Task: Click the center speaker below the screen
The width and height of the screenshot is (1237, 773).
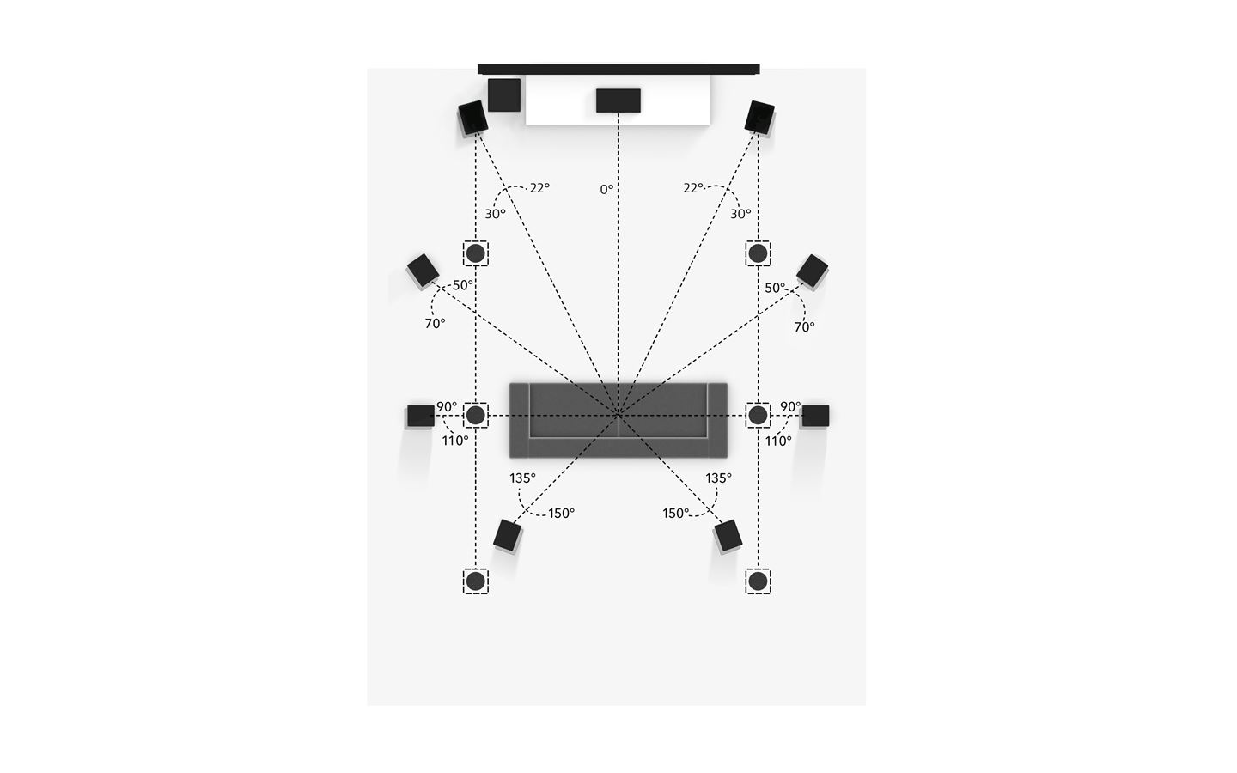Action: coord(618,100)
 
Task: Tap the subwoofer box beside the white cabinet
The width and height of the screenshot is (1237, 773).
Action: coord(504,95)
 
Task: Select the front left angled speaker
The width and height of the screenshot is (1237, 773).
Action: coord(473,118)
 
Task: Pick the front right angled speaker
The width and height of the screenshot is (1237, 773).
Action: coord(759,117)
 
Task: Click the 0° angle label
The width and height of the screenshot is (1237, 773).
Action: coord(606,189)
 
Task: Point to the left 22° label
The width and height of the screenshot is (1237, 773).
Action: coord(539,188)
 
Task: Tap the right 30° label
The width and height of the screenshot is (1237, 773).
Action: coord(740,214)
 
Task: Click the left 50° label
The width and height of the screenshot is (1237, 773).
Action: coord(463,285)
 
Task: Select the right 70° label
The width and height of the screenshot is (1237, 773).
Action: coord(804,327)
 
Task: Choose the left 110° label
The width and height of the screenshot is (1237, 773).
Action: coord(455,441)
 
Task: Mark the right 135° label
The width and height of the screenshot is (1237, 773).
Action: coord(718,478)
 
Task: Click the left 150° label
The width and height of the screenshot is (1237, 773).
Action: coord(561,514)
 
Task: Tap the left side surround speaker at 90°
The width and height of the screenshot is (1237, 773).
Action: coord(421,417)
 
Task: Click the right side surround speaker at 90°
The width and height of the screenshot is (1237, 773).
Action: coord(815,417)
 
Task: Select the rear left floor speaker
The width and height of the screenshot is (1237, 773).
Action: coord(508,536)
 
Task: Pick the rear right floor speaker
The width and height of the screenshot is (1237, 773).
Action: coord(728,536)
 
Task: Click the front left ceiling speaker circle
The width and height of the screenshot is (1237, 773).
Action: coord(476,253)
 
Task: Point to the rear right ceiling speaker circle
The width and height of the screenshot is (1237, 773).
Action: coord(758,581)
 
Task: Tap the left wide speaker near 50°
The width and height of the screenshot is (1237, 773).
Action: coord(423,270)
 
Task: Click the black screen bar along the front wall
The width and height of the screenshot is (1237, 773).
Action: coord(618,69)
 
